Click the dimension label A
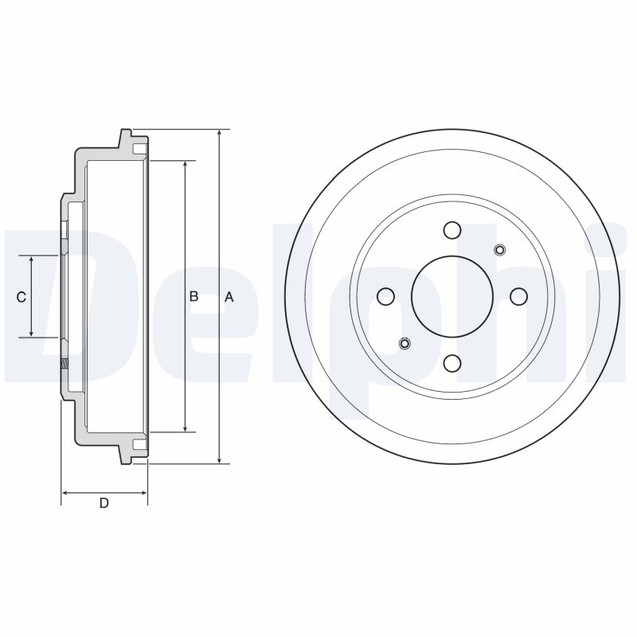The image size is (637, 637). [229, 297]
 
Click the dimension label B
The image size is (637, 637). [193, 296]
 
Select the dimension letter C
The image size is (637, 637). [21, 297]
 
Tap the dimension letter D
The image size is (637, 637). [104, 503]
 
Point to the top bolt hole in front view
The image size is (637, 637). [452, 230]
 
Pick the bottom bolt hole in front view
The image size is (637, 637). [452, 363]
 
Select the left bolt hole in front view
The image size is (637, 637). [386, 296]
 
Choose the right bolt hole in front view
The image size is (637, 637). [518, 296]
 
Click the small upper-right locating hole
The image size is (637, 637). [500, 250]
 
